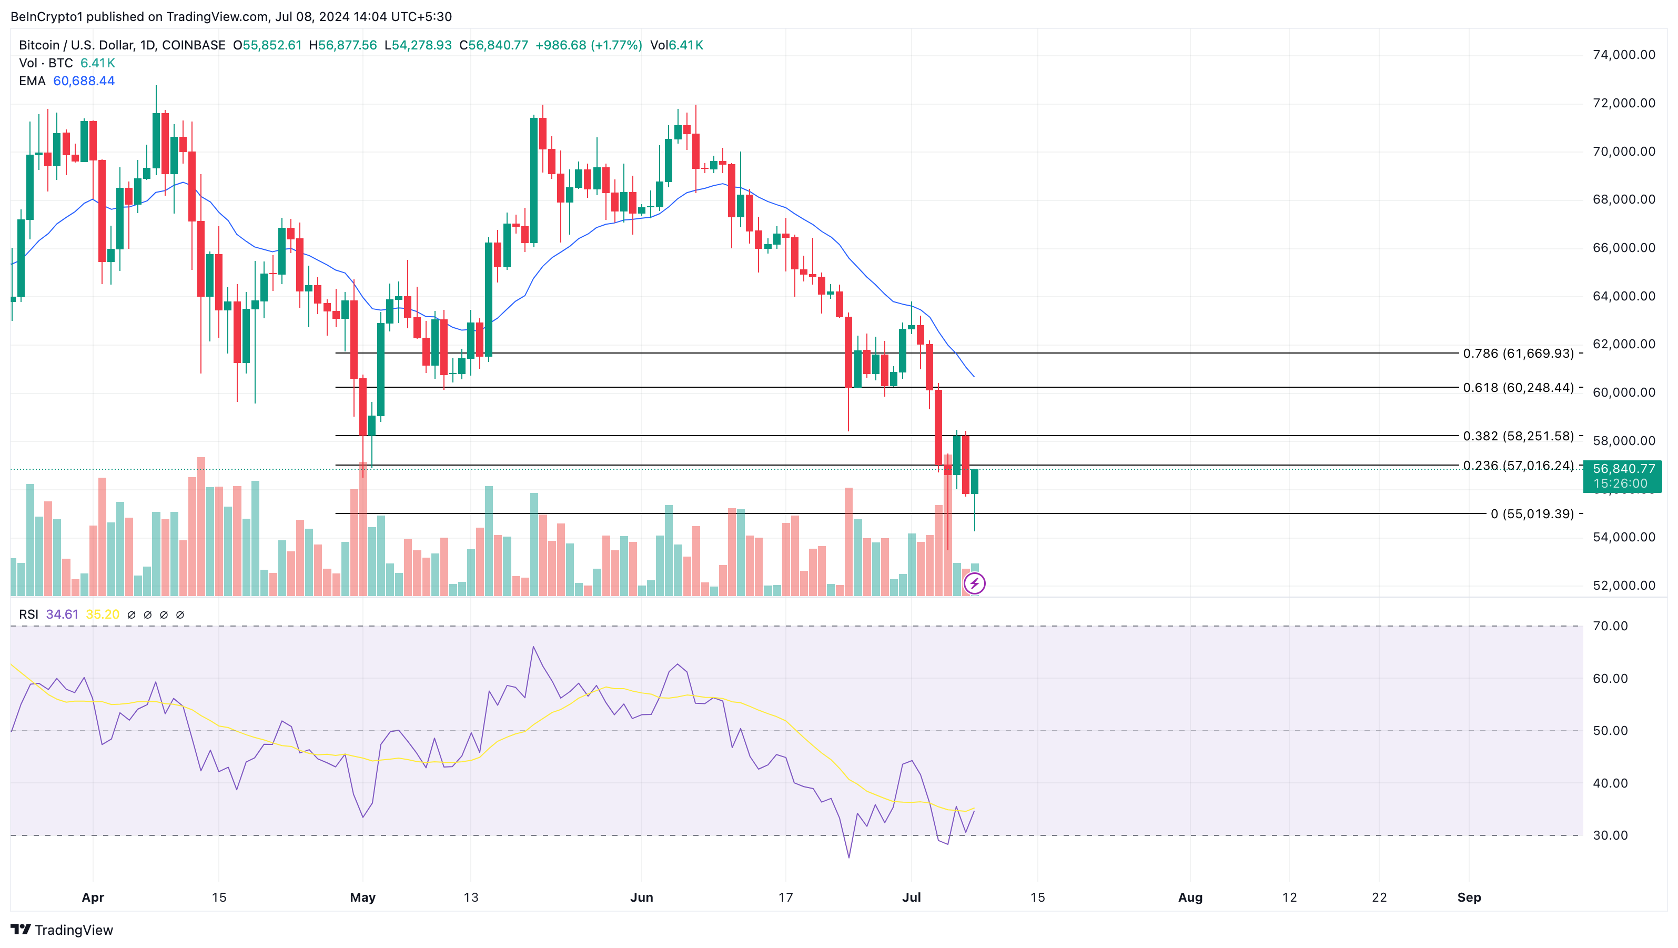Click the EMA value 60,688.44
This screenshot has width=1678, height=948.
point(84,82)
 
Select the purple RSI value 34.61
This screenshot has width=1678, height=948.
point(62,614)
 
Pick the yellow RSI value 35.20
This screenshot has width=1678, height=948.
point(102,614)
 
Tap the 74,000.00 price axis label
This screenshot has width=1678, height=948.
point(1623,55)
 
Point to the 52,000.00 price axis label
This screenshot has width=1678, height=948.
point(1623,585)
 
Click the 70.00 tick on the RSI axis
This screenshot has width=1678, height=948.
point(1610,626)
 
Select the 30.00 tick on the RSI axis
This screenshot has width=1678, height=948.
point(1610,835)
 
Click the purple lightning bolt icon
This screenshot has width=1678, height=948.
point(974,583)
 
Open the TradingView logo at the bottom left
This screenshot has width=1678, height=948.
point(62,930)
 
